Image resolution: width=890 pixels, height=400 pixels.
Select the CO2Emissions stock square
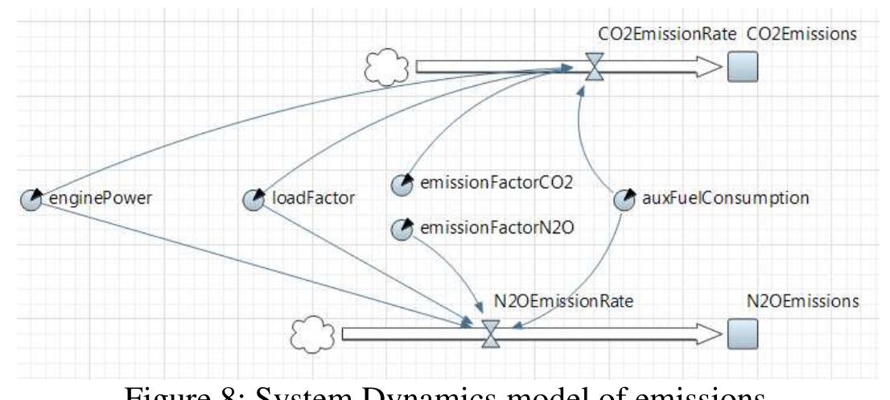coord(741,69)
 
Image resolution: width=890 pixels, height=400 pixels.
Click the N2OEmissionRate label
coord(550,301)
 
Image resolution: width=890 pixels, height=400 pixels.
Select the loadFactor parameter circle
coord(252,200)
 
